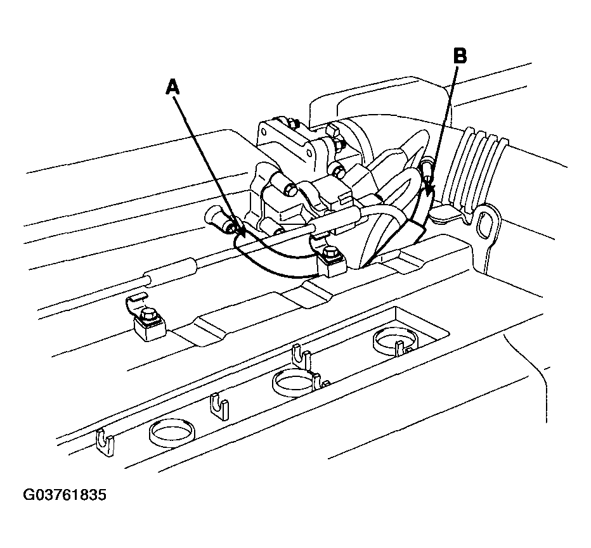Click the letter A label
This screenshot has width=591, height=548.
172,87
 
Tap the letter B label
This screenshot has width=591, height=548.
460,56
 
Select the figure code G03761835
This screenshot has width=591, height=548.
65,495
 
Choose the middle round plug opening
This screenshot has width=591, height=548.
294,383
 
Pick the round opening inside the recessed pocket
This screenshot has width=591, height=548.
395,340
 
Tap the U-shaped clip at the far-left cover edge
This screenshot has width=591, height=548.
105,443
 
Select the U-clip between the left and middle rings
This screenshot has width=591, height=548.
219,407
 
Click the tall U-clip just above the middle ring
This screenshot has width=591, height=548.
302,357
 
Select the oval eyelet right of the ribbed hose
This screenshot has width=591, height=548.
483,225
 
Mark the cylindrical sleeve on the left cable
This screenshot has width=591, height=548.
171,269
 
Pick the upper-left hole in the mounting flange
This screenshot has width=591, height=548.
264,132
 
